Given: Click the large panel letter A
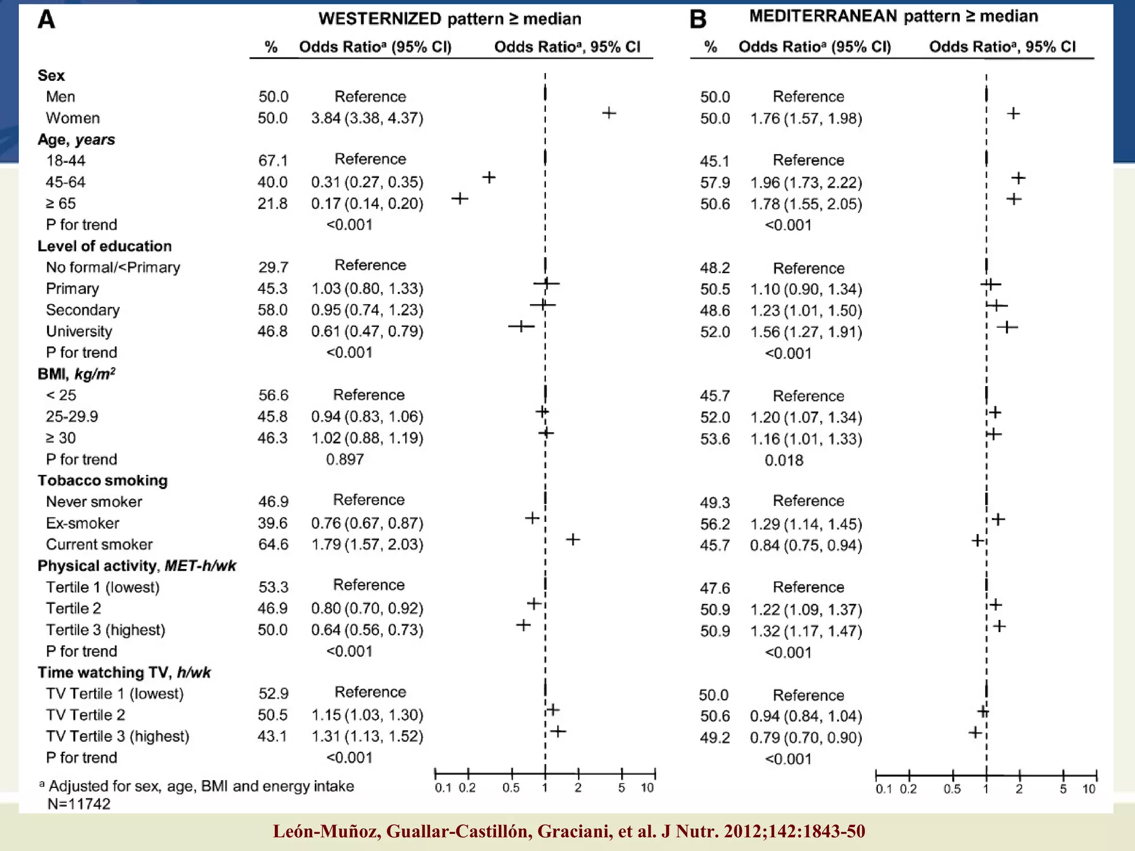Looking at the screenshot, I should click(x=47, y=20).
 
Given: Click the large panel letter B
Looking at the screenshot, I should click(x=698, y=20).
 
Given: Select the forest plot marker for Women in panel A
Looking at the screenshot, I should click(x=609, y=113).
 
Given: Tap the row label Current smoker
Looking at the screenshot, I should click(x=99, y=545).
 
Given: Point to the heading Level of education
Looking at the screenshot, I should click(x=104, y=246).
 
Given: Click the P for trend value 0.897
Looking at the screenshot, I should click(x=345, y=459).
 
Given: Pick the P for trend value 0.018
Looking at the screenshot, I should click(x=784, y=460).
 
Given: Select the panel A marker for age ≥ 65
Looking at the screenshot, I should click(x=460, y=198).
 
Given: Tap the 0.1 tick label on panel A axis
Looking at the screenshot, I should click(x=443, y=788).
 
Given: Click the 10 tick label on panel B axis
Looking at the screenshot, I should click(x=1088, y=789).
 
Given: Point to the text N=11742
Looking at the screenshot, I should click(x=79, y=804).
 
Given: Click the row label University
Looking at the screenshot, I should click(x=79, y=331).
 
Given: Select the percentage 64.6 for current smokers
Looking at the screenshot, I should click(x=273, y=545).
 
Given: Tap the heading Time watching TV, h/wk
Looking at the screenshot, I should click(x=124, y=673).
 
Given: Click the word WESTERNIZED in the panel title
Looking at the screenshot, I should click(x=380, y=19).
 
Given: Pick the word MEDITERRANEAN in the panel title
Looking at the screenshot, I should click(x=824, y=16).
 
